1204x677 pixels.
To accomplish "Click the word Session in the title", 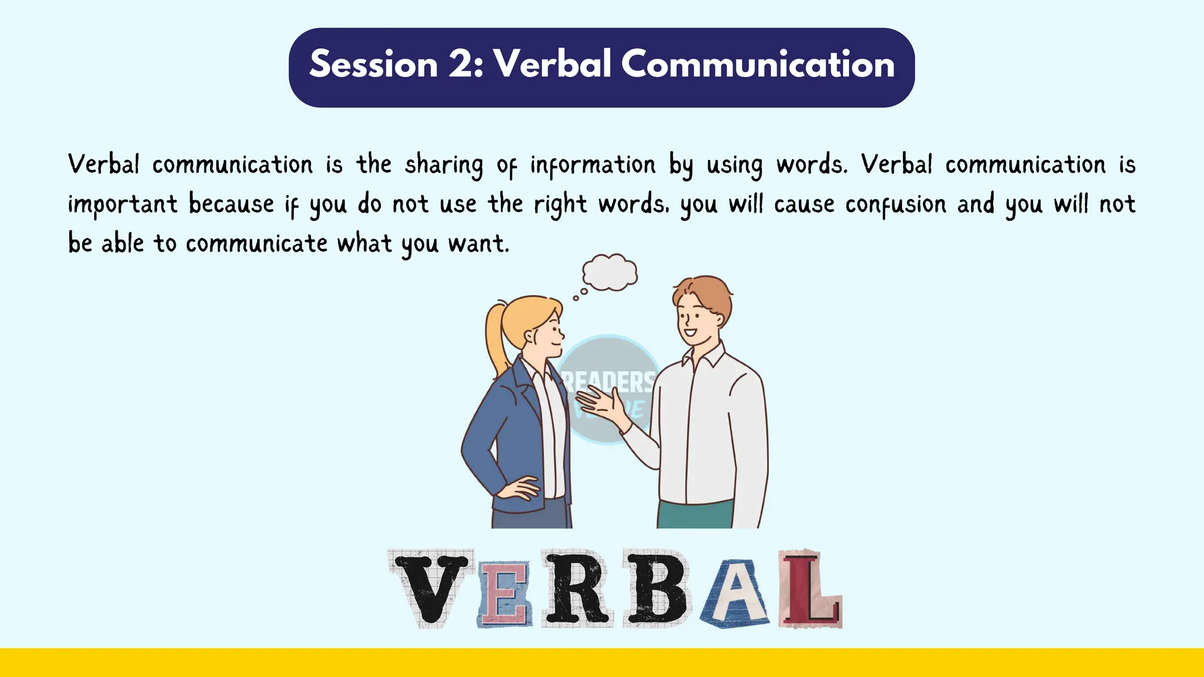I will [373, 64].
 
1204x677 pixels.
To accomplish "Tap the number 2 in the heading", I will [464, 64].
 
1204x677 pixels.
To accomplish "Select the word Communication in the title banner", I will [758, 64].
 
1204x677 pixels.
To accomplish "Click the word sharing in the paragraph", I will [444, 165].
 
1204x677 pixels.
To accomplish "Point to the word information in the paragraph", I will [593, 165].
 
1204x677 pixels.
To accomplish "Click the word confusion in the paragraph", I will [896, 205].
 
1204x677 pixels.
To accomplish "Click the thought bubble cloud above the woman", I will [610, 272].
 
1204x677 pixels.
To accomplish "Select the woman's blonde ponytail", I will [497, 341].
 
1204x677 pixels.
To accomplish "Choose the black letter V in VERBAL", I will [432, 588].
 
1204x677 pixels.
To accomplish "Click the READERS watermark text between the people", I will [609, 382].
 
